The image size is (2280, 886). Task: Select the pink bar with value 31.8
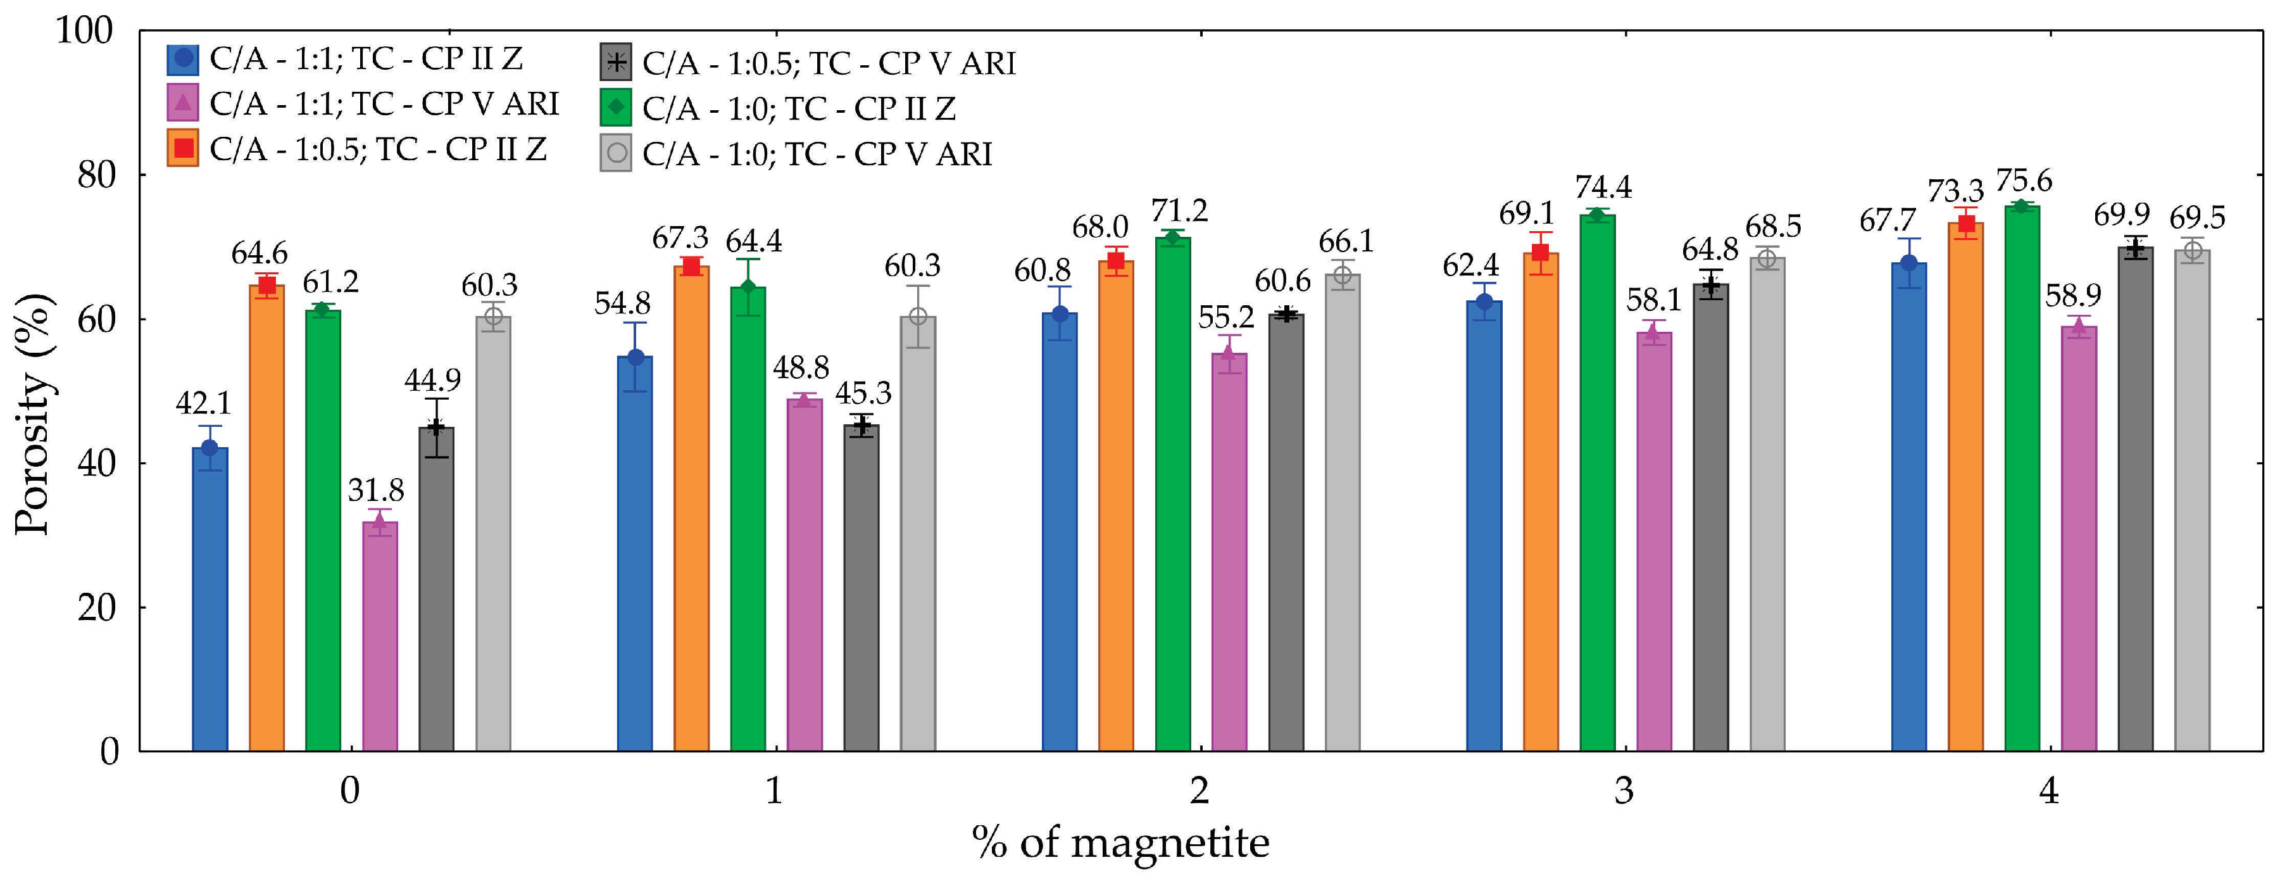pyautogui.click(x=380, y=636)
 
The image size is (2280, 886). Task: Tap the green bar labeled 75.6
pyautogui.click(x=2022, y=478)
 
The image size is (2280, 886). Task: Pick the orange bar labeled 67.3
pyautogui.click(x=691, y=509)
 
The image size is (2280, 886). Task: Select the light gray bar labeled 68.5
pyautogui.click(x=1767, y=505)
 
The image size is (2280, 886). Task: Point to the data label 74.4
pyautogui.click(x=1603, y=187)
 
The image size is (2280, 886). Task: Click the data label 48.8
pyautogui.click(x=800, y=367)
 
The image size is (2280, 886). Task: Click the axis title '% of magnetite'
pyautogui.click(x=1120, y=842)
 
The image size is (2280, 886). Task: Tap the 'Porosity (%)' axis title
pyautogui.click(x=33, y=414)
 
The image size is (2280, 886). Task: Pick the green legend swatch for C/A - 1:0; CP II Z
pyautogui.click(x=615, y=107)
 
